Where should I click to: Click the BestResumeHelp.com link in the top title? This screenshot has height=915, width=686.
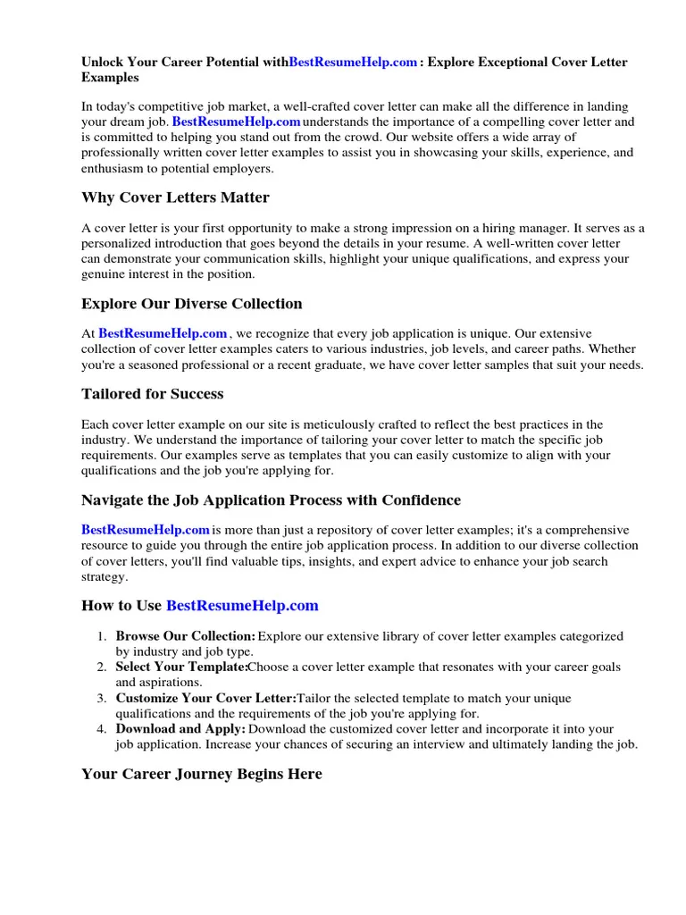point(354,63)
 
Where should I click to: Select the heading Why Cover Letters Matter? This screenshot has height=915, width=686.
point(175,197)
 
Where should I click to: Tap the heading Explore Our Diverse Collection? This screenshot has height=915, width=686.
point(191,304)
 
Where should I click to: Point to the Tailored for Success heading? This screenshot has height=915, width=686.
point(152,394)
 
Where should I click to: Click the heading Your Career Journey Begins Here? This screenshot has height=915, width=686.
point(201,775)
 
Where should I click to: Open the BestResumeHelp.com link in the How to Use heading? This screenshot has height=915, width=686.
point(242,606)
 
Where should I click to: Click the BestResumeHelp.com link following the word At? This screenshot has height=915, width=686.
point(163,333)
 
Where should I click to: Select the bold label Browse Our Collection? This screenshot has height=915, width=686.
point(185,636)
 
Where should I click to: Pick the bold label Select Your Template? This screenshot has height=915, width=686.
point(181,667)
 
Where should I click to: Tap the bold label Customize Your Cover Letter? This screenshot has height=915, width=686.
point(205,698)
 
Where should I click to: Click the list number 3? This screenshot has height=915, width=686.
point(102,698)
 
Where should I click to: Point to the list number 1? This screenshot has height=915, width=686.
point(102,636)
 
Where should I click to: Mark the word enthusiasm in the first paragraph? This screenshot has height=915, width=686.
point(113,168)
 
